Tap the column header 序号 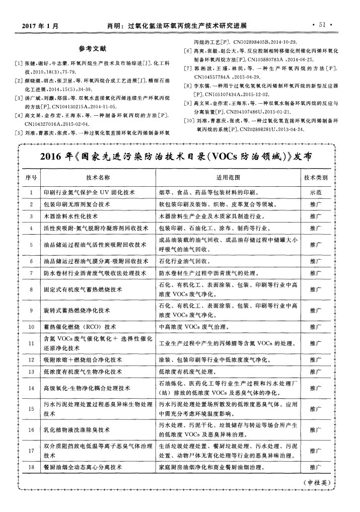pos(31,178)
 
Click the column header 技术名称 pos(98,178)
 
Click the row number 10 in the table pos(31,326)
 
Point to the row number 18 pos(31,467)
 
